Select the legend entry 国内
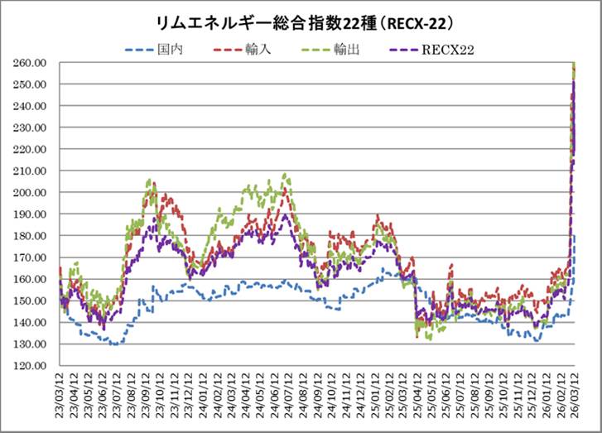point(170,50)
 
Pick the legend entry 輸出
point(346,50)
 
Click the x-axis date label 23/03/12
point(60,396)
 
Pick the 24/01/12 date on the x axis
point(204,396)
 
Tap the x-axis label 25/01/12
point(375,396)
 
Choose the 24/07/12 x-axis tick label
point(289,396)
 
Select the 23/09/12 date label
point(147,396)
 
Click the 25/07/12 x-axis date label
point(461,396)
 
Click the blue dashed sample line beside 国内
point(139,50)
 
